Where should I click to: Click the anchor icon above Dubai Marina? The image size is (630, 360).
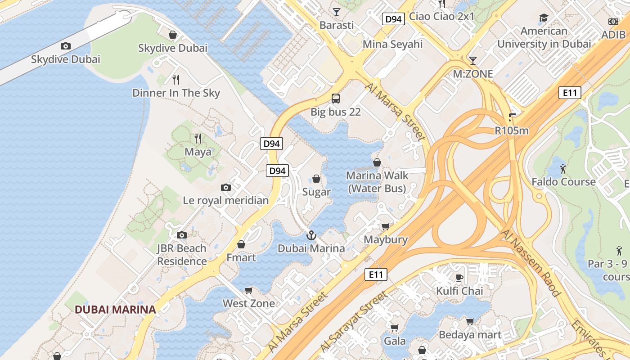311,235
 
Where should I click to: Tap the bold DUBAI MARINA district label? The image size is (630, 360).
115,310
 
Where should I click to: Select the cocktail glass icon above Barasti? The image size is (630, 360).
337,12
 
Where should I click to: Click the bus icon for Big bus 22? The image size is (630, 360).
336,98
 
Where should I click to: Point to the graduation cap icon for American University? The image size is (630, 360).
544,18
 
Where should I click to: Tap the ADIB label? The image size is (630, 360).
613,35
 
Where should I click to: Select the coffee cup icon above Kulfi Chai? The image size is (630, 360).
459,278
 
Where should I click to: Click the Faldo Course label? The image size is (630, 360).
563,182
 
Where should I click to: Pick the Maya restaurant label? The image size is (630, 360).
198,152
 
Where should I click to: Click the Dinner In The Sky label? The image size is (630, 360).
176,93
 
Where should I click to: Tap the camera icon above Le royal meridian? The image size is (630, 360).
226,187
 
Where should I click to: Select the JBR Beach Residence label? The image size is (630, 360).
182,255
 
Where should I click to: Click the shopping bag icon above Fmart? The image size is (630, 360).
241,244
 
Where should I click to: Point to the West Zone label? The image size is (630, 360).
249,303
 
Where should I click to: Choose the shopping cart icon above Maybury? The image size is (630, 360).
386,226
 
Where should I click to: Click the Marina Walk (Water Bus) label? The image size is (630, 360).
377,182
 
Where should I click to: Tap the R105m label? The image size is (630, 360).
511,130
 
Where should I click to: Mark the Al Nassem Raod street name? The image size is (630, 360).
531,263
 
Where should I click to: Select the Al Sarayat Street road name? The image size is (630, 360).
354,321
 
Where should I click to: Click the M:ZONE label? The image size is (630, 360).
473,74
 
